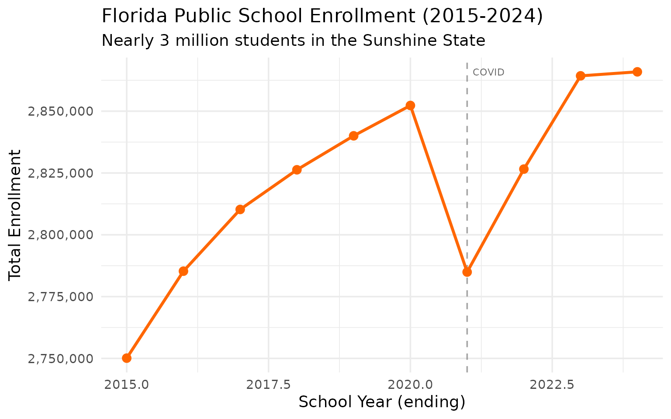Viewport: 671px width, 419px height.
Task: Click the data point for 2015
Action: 127,358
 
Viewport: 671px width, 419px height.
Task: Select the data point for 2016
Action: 183,271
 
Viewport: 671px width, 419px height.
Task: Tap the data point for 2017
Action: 240,209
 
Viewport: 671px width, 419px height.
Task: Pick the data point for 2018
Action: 297,169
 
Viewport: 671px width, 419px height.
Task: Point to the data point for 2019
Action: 353,136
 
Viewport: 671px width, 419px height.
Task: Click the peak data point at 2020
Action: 410,106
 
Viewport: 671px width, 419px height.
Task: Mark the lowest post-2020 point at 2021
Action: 467,272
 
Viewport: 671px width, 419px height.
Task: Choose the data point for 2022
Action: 524,169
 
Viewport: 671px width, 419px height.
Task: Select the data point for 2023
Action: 581,76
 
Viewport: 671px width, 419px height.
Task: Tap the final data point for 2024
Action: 637,72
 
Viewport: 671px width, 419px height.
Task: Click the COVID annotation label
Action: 488,72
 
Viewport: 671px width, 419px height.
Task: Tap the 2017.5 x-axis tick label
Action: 268,385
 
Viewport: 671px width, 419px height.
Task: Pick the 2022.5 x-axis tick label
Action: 552,385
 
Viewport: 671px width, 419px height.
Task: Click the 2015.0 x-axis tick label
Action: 127,385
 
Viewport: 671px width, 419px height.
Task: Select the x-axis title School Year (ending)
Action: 382,402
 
